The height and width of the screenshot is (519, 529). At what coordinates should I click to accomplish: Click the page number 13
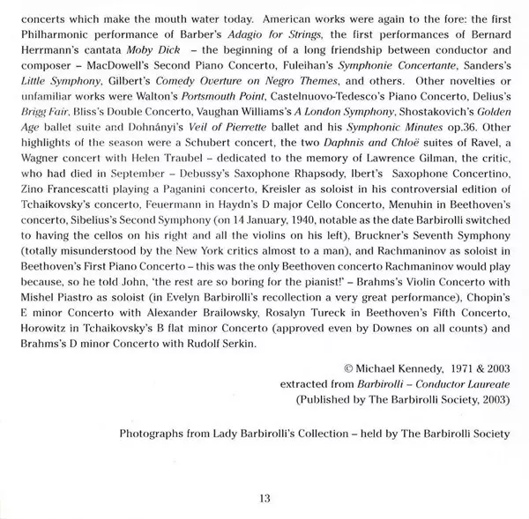pos(264,500)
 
